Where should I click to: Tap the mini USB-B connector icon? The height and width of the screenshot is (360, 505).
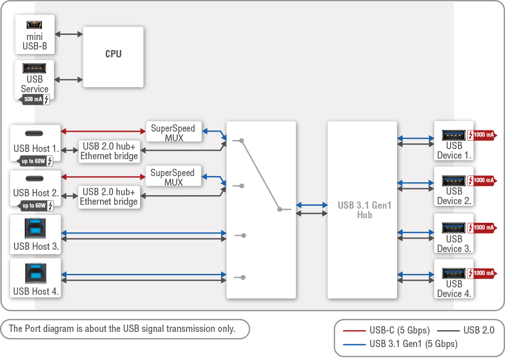click(x=35, y=25)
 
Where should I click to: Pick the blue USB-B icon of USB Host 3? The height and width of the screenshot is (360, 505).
click(x=35, y=228)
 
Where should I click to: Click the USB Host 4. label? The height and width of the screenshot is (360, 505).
click(x=36, y=291)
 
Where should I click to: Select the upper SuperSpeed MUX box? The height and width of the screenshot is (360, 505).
click(x=173, y=133)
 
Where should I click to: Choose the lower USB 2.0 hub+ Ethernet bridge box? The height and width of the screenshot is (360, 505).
click(x=109, y=197)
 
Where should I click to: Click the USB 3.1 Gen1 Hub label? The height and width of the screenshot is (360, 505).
click(x=364, y=210)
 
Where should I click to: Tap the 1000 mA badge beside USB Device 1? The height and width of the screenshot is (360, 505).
click(x=481, y=135)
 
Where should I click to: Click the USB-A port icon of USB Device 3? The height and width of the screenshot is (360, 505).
click(x=453, y=228)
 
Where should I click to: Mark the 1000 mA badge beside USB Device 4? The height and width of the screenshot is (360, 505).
click(x=481, y=273)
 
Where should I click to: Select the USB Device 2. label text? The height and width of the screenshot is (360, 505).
click(x=454, y=196)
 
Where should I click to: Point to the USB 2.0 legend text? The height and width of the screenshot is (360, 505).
click(x=479, y=330)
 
